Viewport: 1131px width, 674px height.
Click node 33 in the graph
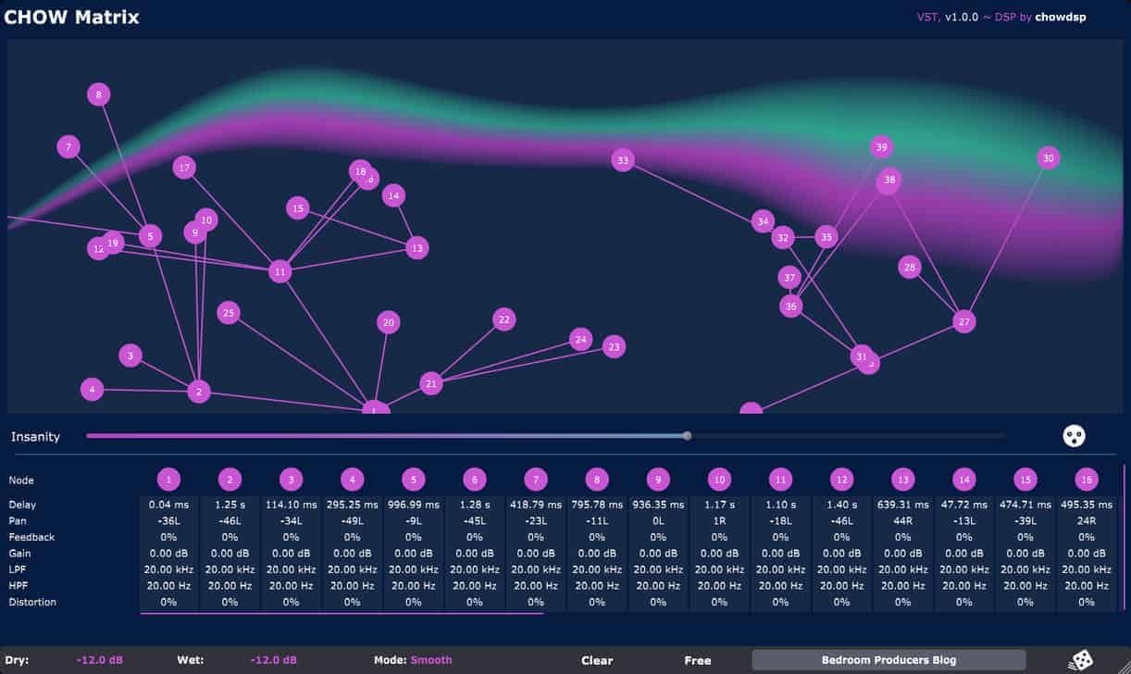click(623, 160)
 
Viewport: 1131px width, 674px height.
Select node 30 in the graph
click(1048, 158)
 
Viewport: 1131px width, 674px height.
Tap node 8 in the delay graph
click(99, 94)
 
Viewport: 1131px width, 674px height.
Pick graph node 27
click(964, 321)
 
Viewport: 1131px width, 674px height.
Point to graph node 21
click(430, 383)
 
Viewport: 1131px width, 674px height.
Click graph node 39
click(881, 147)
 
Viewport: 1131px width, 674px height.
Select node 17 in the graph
click(184, 168)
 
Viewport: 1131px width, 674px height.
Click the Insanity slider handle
click(687, 435)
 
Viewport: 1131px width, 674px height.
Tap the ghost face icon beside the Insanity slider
click(1074, 436)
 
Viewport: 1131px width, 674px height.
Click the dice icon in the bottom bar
click(1080, 660)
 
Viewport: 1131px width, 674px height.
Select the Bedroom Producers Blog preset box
click(889, 660)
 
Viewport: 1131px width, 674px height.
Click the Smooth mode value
click(431, 660)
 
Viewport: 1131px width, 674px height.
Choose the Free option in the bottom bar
click(698, 660)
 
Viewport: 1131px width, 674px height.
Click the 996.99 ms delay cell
click(414, 505)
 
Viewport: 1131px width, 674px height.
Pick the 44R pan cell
click(902, 520)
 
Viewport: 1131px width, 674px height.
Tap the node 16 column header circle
click(1086, 480)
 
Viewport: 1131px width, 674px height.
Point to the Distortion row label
click(32, 602)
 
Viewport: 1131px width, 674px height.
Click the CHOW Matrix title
click(71, 17)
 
